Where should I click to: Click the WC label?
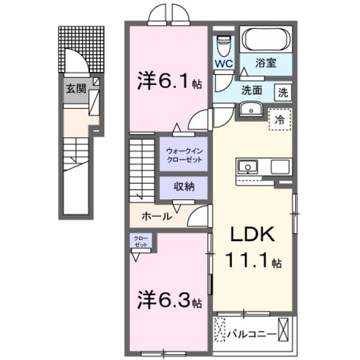(x=224, y=64)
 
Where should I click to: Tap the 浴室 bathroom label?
(x=265, y=63)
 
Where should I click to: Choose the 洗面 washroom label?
(x=251, y=91)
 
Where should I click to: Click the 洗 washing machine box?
(x=283, y=91)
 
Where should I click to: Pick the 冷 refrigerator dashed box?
(x=280, y=120)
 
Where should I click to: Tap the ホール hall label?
(x=156, y=217)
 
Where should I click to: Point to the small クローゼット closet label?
(x=139, y=242)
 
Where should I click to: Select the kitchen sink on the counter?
(x=246, y=167)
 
